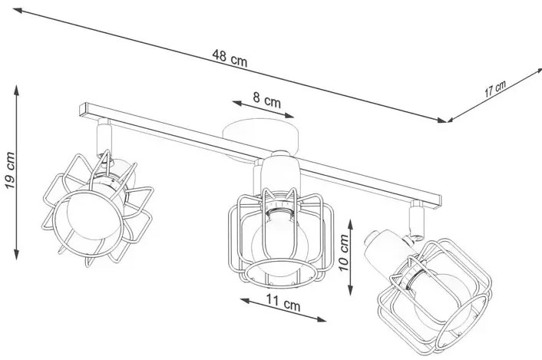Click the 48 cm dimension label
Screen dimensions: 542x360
pos(230,58)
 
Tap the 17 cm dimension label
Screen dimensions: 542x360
pos(495,88)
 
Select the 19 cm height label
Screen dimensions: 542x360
pos(10,170)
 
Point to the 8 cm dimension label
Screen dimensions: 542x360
pos(266,100)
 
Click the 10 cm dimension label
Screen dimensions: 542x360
pos(344,253)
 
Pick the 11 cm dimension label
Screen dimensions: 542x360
pos(283,303)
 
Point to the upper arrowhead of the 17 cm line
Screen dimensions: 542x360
pos(538,71)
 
